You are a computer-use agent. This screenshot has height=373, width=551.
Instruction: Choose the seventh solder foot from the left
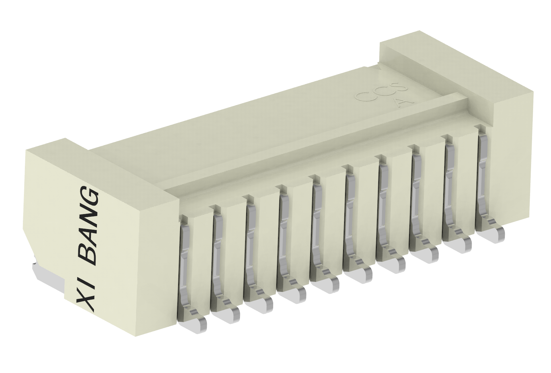coord(394,264)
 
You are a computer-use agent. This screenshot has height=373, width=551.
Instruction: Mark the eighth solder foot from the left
coord(427,254)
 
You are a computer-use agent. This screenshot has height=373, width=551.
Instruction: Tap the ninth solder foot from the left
coord(460,245)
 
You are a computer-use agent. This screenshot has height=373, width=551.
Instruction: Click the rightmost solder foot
coord(493,235)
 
